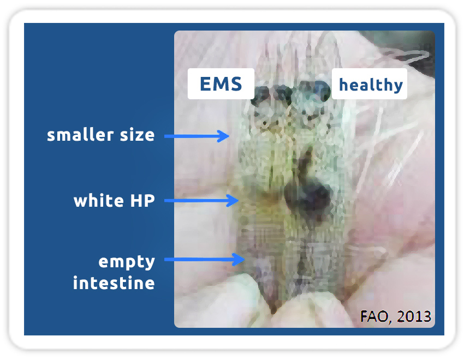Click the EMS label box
pos(221,83)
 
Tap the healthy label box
pos(370,83)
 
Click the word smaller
pos(80,135)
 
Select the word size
pos(138,135)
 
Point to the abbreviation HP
pos(142,201)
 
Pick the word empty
pos(127,262)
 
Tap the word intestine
pos(114,283)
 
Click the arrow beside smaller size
pos(197,136)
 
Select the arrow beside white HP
pos(201,201)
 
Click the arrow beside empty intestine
pos(205,260)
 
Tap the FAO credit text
pos(395,316)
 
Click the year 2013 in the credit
pos(414,316)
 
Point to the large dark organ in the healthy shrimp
pos(307,196)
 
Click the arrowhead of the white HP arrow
pos(233,201)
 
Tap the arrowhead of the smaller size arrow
pos(224,136)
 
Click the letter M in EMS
pos(221,83)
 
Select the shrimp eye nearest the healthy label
pos(320,90)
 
